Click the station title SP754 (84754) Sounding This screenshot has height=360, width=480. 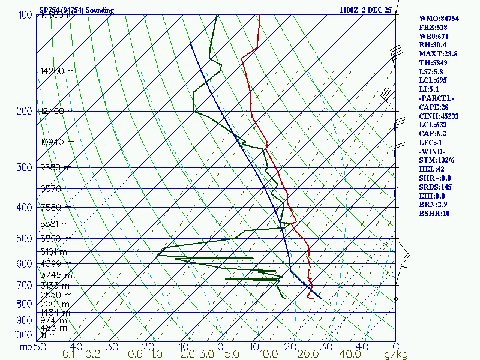pos(76,10)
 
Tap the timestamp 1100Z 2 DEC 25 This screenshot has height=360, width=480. pos(365,10)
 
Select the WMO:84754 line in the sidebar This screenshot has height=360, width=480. pos(439,19)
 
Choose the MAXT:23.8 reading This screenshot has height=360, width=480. pos(438,53)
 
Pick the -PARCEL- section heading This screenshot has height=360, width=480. pos(437,98)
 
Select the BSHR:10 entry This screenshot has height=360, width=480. pos(434,213)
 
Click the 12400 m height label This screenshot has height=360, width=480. pos(58,111)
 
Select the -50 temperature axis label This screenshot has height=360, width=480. pos(38,347)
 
